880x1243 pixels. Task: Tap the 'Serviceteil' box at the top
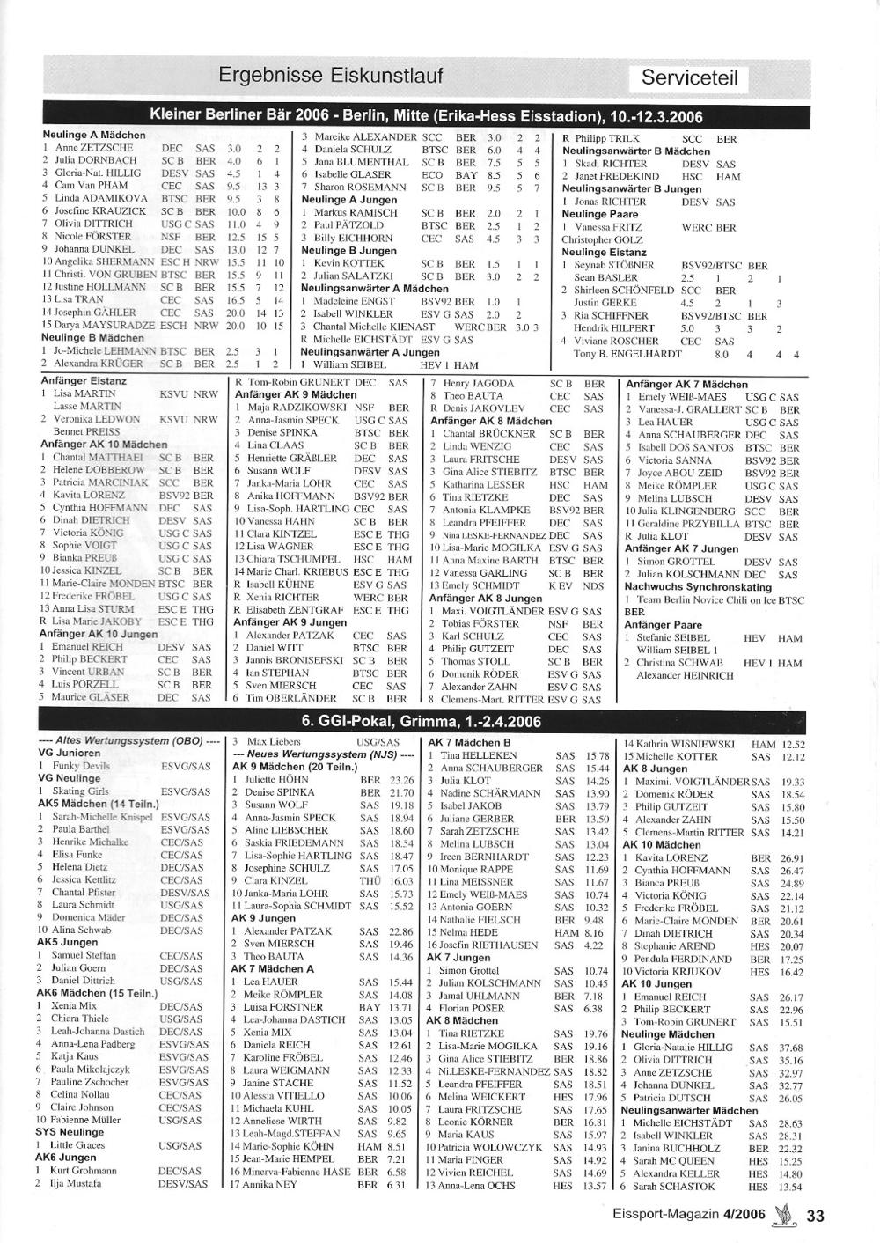(x=694, y=77)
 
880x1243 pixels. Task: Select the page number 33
(x=815, y=1217)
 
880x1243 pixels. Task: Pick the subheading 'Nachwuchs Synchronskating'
(x=698, y=587)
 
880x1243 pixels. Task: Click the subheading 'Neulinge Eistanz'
(x=603, y=253)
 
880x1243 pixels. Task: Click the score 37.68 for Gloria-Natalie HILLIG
(x=790, y=1048)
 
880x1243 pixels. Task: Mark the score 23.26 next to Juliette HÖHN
(x=401, y=780)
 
